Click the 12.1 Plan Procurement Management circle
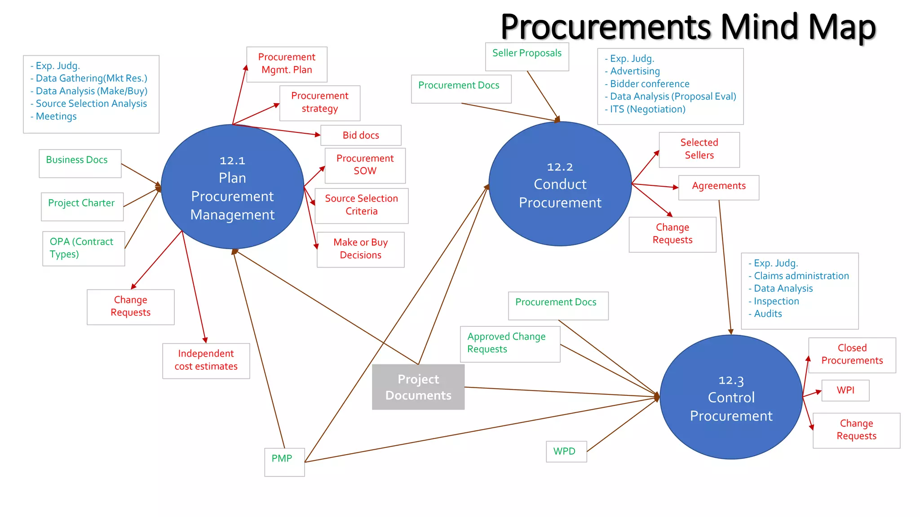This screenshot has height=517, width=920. (x=232, y=187)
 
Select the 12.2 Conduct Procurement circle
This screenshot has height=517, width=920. (x=560, y=184)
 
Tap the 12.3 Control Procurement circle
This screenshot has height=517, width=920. (x=731, y=397)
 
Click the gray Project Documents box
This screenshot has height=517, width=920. (x=418, y=387)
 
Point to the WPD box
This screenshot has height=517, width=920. (x=566, y=451)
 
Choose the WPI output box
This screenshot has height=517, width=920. (x=845, y=390)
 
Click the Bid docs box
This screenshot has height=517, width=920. (x=361, y=135)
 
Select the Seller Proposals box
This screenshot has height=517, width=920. (x=527, y=56)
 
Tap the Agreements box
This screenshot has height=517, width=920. (x=718, y=187)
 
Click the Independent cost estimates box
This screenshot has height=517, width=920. (x=206, y=360)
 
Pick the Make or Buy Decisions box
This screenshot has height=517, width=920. (x=360, y=249)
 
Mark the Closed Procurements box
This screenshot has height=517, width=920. (x=852, y=355)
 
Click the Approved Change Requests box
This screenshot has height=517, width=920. (x=509, y=343)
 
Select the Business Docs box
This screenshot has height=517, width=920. (x=80, y=163)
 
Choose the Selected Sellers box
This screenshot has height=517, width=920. (x=699, y=149)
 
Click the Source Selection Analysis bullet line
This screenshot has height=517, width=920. (x=91, y=104)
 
